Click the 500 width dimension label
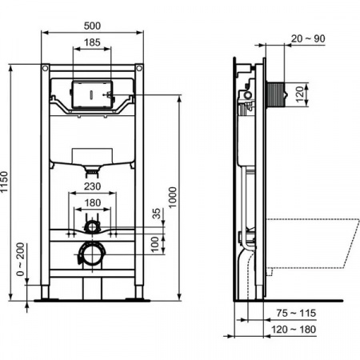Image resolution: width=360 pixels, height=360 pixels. [x=92, y=26]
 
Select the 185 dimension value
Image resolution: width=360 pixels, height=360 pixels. [x=92, y=42]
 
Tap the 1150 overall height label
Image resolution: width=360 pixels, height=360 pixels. [x=4, y=182]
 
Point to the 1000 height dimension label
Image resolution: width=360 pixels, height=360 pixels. [x=173, y=198]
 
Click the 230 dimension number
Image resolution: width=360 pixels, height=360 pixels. [x=92, y=186]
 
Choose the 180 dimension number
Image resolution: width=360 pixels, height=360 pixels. [x=92, y=203]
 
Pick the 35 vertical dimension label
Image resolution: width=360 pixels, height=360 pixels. [x=157, y=214]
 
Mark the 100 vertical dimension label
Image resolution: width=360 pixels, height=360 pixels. [x=154, y=244]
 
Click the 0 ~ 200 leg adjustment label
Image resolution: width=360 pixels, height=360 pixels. [x=20, y=259]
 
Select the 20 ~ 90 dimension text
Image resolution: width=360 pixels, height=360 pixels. [x=308, y=38]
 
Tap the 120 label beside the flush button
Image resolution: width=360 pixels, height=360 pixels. [x=300, y=94]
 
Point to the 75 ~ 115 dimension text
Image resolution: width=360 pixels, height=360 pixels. [x=296, y=313]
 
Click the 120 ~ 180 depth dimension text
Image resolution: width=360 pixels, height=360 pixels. [x=294, y=330]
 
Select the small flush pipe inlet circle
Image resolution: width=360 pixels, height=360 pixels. [x=92, y=227]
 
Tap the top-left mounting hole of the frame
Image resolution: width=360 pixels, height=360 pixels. [x=45, y=68]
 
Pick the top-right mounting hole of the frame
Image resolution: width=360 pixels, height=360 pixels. [x=139, y=68]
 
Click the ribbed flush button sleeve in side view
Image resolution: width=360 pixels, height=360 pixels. [x=276, y=94]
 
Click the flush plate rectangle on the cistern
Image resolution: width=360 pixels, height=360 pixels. [x=92, y=94]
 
